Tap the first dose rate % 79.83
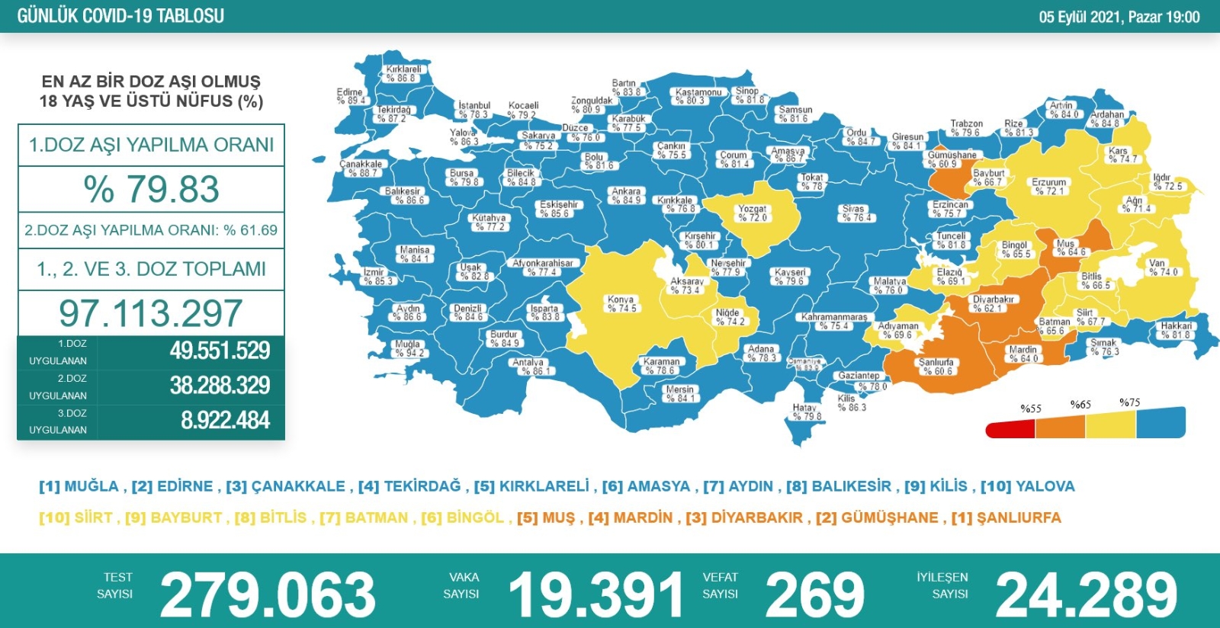click(x=151, y=189)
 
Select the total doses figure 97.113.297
click(x=151, y=313)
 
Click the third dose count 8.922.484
click(x=225, y=420)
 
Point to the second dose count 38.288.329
click(x=220, y=385)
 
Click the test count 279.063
click(x=268, y=595)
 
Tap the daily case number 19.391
click(x=596, y=595)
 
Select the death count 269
click(x=814, y=595)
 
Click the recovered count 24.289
click(x=1087, y=595)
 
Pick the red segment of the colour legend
click(x=1010, y=429)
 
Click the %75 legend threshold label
click(x=1129, y=402)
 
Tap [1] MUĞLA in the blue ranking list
click(x=79, y=486)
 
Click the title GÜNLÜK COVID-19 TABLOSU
click(x=120, y=16)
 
